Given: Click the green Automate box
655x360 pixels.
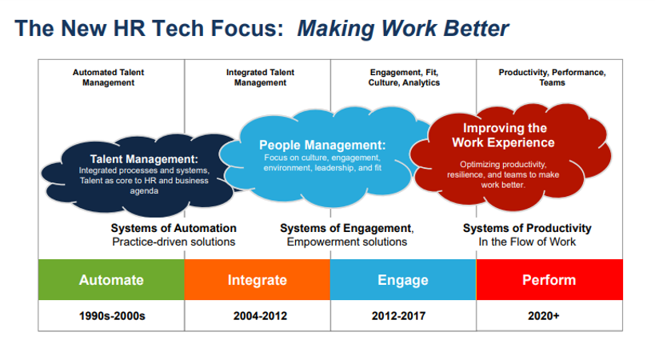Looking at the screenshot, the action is coord(111,279).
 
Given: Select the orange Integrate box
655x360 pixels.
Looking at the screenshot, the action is coord(258,279).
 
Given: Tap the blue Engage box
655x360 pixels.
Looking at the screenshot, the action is coord(403,279).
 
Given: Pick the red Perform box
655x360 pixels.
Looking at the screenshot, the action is coord(549,279).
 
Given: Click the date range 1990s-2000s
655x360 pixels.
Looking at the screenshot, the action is coord(112,316).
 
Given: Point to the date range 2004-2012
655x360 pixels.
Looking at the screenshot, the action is coord(260,316).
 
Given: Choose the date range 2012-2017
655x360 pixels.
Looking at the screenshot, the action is coord(398,316).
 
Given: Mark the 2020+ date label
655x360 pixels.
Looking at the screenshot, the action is coord(544,316).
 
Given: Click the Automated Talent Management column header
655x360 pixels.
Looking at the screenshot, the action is coord(108,78).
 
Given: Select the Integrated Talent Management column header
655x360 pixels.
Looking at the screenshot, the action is coord(260,78).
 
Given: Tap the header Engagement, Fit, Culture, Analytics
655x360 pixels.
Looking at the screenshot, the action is coord(404,78).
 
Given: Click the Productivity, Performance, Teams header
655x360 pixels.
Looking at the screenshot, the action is coord(553,78).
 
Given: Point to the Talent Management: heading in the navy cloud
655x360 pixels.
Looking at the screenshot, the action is coord(144,159).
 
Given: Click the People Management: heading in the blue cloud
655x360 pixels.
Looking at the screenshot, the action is coord(322,145).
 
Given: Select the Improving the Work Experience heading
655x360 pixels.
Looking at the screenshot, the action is coord(504,135).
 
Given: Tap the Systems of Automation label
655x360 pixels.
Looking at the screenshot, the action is coord(174,228).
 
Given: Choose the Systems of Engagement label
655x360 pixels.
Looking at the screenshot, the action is coord(346,228).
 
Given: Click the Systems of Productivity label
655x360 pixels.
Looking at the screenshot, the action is coord(527,228).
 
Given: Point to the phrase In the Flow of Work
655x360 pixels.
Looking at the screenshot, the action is coord(527,242).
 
